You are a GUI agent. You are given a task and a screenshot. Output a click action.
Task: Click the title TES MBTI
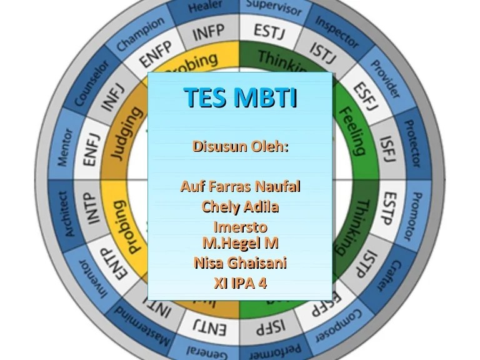point(240,98)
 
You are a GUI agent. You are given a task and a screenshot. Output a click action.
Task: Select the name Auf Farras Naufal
point(240,186)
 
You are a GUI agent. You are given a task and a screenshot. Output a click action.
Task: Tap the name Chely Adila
point(240,206)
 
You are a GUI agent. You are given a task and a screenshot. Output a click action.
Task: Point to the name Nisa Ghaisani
point(240,262)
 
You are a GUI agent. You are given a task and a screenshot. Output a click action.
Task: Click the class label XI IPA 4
point(240,282)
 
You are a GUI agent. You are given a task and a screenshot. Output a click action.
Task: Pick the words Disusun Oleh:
point(240,147)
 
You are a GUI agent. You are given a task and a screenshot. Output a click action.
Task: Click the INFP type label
point(208,32)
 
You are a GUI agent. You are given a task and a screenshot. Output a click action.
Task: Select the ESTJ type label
point(269,31)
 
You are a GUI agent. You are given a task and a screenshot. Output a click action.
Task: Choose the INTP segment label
point(92,208)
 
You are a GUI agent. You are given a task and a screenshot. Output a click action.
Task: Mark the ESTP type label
point(389,208)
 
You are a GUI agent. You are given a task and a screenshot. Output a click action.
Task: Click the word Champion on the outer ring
point(141,34)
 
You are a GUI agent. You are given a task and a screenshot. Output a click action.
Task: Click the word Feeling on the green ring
point(352,131)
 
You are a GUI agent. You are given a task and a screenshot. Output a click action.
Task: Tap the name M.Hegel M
point(240,242)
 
